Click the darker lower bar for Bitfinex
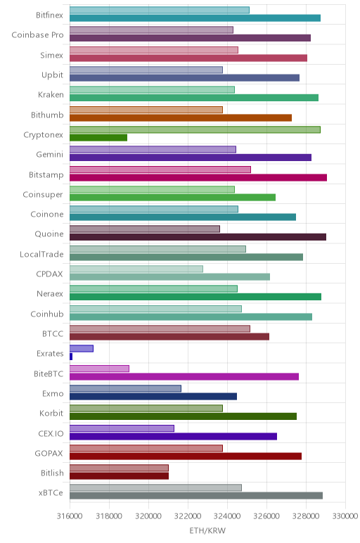coord(195,18)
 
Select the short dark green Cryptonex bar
coord(98,137)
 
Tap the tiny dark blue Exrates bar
coord(71,357)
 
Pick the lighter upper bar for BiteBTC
coord(99,369)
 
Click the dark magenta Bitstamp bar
coord(198,178)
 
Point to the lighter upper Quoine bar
coord(145,229)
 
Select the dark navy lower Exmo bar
coord(153,397)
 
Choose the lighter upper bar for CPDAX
coord(136,269)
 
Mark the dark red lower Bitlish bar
coord(119,476)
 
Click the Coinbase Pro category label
coord(37,35)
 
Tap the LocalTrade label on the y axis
coord(41,254)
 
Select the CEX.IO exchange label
coord(51,433)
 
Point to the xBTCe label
coord(51,493)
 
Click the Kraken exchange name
coord(51,94)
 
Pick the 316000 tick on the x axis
coord(70,516)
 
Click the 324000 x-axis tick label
coord(227,516)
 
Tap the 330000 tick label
coord(345,516)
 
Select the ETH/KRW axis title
coord(207,530)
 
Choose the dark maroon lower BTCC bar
coord(169,337)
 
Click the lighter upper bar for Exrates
coord(82,348)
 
